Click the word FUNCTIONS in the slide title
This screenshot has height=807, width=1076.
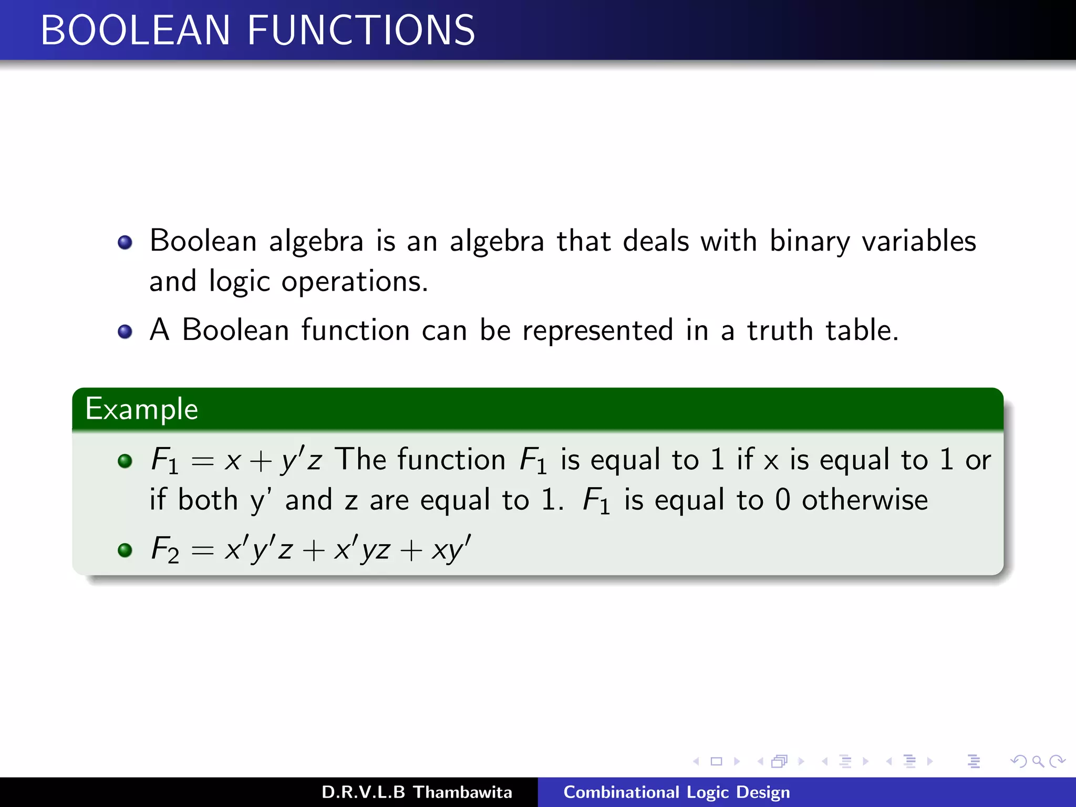361,30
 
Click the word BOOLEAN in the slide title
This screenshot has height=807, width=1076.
136,30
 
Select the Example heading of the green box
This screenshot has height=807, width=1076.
142,409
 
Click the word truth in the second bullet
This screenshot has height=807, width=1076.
780,330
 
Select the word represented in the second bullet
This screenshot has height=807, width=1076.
597,330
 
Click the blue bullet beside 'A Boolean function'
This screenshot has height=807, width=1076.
125,332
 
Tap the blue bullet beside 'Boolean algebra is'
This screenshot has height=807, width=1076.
125,242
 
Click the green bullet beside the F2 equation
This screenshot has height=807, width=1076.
125,550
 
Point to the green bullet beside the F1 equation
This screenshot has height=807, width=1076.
125,461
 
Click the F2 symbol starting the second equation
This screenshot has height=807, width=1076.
165,550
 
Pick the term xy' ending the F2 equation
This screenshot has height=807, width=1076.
451,550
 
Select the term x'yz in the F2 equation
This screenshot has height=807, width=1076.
362,550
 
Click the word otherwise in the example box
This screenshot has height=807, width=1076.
864,500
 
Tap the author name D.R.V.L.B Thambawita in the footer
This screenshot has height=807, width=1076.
417,792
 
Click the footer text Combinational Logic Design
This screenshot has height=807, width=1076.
677,792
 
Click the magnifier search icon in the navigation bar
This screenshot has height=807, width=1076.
1038,761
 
